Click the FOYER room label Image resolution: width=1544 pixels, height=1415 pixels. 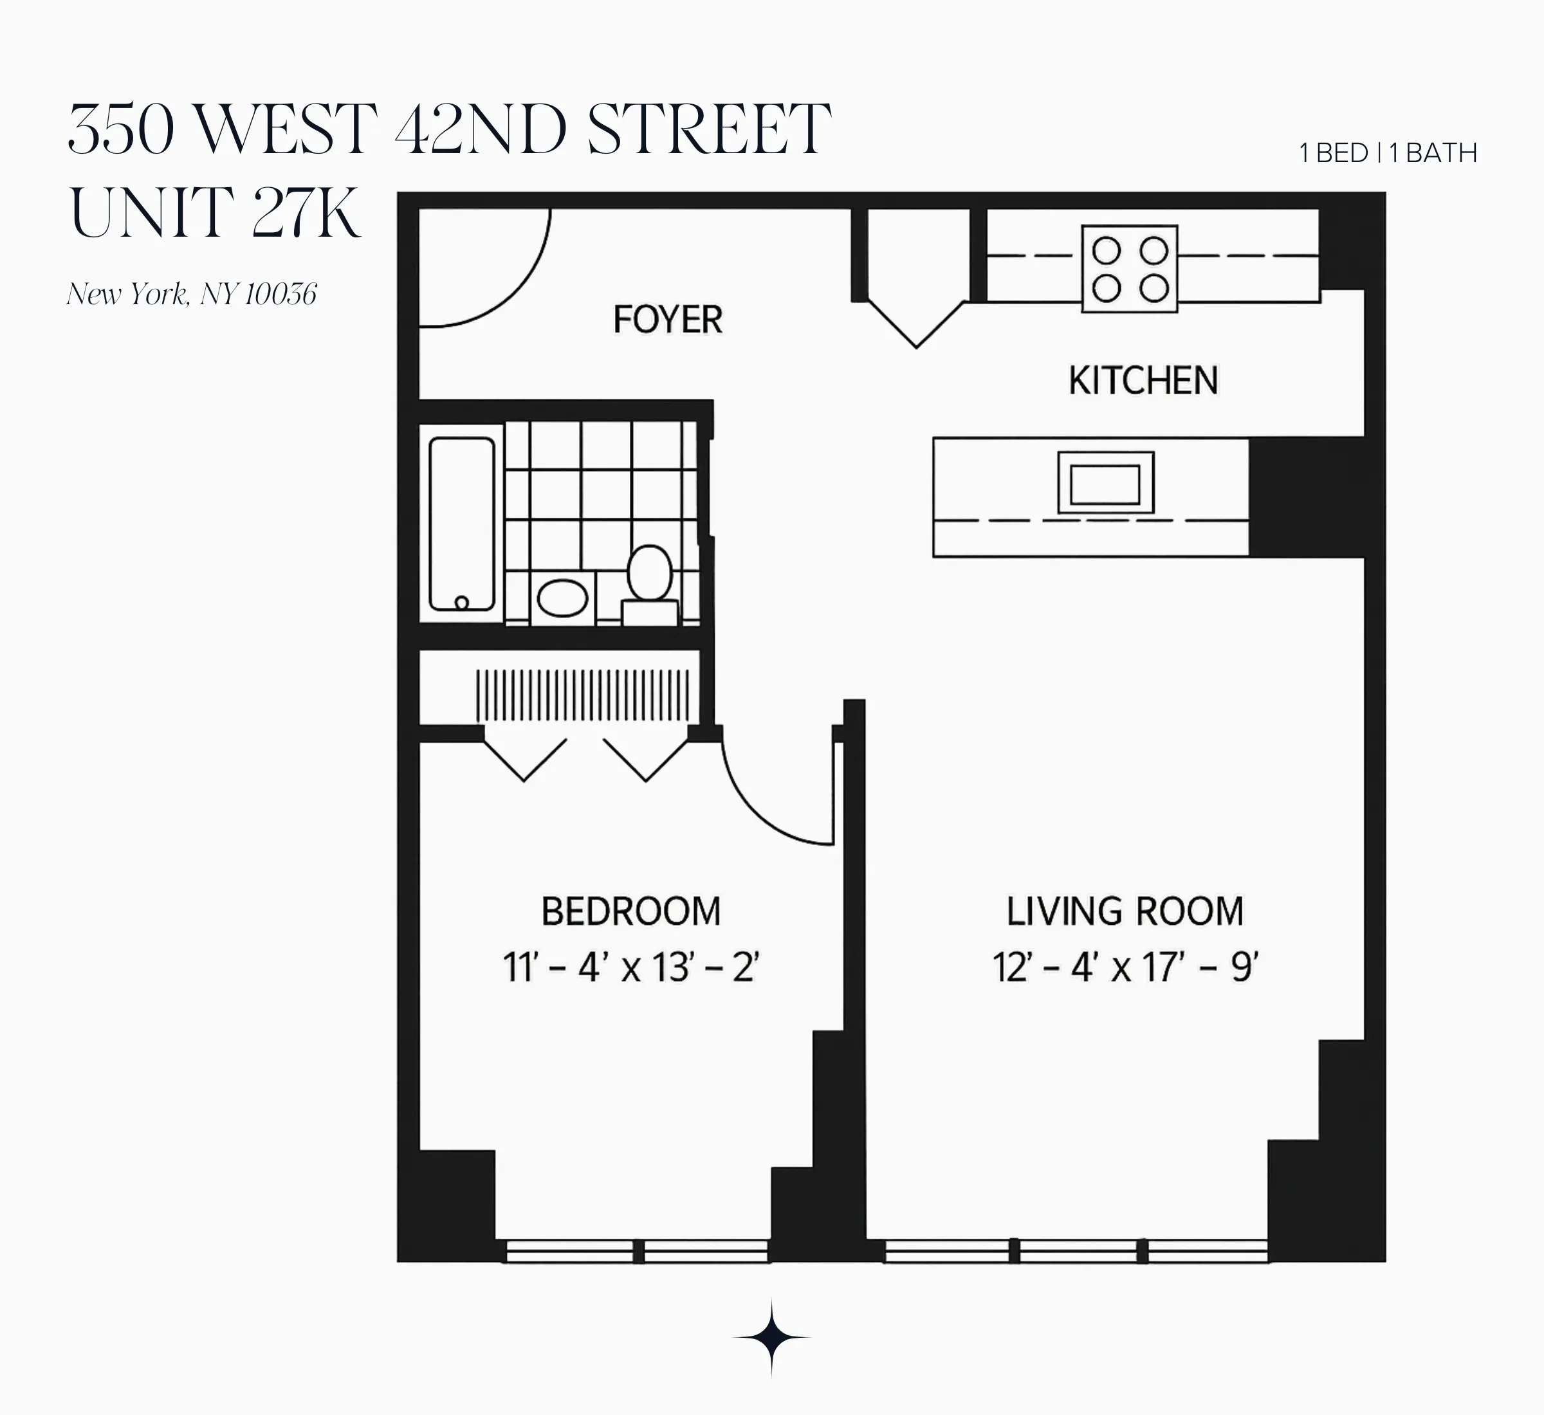pos(667,319)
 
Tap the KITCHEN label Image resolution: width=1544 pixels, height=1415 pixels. pos(1143,381)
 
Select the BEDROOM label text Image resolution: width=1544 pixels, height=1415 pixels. pos(630,912)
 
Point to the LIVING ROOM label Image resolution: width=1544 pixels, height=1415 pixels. pos(1125,912)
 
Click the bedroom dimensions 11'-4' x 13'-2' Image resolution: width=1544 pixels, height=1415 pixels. pos(630,968)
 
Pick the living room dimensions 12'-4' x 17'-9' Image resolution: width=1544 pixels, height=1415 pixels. pos(1125,968)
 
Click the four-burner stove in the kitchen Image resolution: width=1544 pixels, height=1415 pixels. pos(1130,269)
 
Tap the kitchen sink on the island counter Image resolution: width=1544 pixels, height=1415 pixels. pos(1105,482)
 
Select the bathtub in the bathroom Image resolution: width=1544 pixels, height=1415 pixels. pos(462,524)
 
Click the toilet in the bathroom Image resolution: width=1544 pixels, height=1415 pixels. pos(650,578)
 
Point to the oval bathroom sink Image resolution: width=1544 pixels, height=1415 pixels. pos(562,598)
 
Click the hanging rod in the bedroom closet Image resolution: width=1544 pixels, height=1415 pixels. pos(583,695)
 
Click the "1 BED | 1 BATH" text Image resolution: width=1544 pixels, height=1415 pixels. pos(1388,154)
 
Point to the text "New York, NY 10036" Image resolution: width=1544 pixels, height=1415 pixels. pos(192,294)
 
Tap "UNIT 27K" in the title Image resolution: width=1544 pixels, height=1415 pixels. pos(214,213)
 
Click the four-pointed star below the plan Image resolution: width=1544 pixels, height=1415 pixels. pos(771,1338)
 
